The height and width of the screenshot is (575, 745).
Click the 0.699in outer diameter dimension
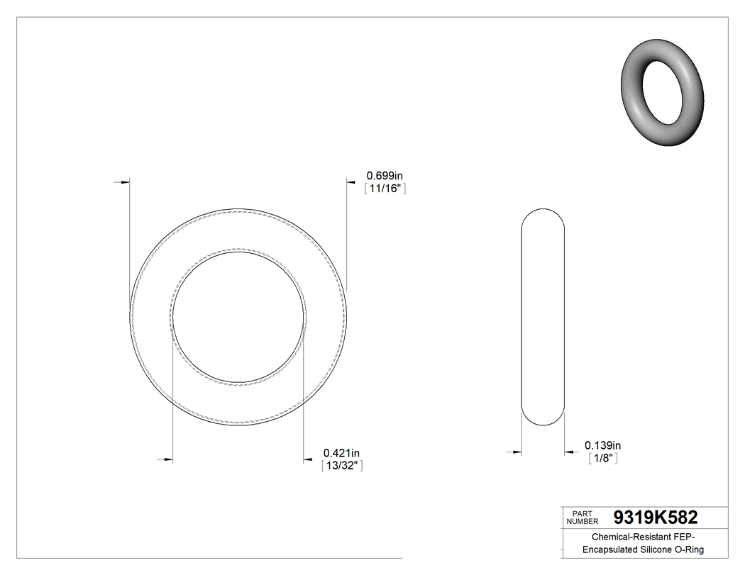(x=384, y=175)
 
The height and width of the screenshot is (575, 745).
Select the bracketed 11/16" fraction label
(x=384, y=189)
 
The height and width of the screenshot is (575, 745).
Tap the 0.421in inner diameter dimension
(x=341, y=453)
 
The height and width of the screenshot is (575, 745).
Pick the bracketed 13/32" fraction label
(x=343, y=466)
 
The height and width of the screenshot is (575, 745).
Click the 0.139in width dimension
(x=602, y=445)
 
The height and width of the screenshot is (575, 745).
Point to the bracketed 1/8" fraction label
(x=602, y=459)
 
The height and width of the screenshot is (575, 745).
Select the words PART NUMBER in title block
(x=583, y=518)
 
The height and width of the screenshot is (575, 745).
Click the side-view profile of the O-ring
(x=543, y=317)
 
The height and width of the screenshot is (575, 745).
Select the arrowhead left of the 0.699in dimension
(x=351, y=182)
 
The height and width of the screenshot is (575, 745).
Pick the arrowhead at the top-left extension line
(x=125, y=182)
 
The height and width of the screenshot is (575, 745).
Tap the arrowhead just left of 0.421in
(x=308, y=460)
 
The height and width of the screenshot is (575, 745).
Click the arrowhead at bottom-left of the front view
(x=168, y=460)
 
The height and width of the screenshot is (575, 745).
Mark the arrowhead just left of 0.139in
(x=569, y=452)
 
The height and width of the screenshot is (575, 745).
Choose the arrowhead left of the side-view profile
(x=517, y=452)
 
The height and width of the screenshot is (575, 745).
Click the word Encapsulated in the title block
(x=610, y=550)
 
